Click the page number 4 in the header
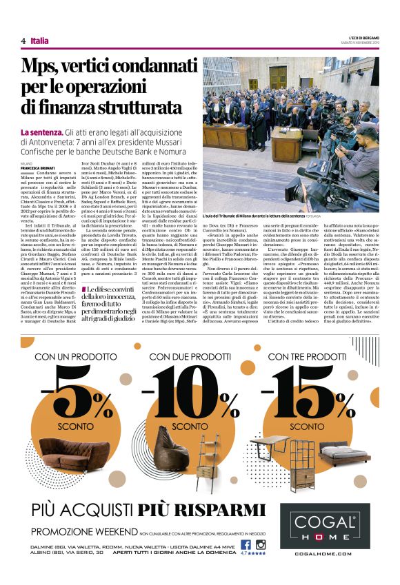coord(23,41)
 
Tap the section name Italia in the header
coord(39,41)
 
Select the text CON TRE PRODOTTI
coord(307,356)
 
